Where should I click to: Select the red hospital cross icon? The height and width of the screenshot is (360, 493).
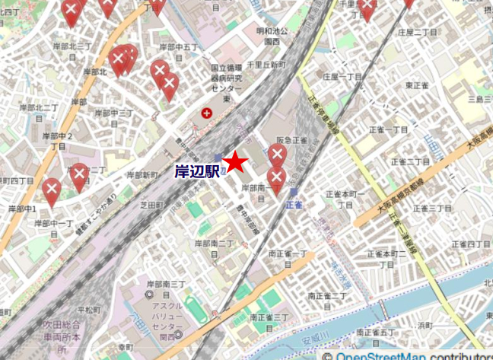click(206, 113)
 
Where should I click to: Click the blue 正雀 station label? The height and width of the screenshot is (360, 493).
click(294, 205)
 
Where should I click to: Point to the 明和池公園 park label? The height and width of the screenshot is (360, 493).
click(272, 37)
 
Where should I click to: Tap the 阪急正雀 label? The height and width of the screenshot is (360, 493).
click(291, 141)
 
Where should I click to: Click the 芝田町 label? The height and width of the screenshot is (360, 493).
click(152, 205)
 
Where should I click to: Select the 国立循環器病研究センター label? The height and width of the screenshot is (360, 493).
click(227, 83)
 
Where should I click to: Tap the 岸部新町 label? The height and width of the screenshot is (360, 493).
click(142, 174)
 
